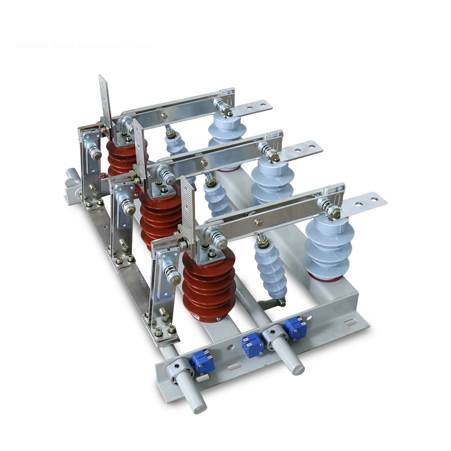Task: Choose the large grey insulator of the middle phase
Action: point(272,180)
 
